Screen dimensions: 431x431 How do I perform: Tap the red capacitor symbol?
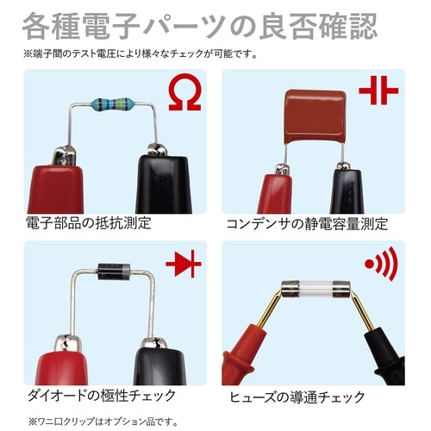point(378,91)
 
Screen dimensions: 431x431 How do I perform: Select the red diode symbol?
point(184,264)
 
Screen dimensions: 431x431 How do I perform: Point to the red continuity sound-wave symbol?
point(382,264)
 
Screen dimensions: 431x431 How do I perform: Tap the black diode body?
point(114,272)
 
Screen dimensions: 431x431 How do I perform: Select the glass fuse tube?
point(315,289)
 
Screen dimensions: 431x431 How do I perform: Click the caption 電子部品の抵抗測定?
point(89,223)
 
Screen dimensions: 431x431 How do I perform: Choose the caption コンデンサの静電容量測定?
point(307,224)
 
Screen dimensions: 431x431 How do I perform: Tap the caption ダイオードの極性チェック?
point(102,396)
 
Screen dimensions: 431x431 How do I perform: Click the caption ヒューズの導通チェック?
point(297,397)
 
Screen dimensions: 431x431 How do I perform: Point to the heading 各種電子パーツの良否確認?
point(200,27)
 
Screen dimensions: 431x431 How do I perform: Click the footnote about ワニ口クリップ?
point(103,422)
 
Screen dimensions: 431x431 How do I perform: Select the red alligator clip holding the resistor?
point(58,184)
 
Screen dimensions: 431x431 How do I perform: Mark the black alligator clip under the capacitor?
point(347,190)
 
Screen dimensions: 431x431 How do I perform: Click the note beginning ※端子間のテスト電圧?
point(141,53)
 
